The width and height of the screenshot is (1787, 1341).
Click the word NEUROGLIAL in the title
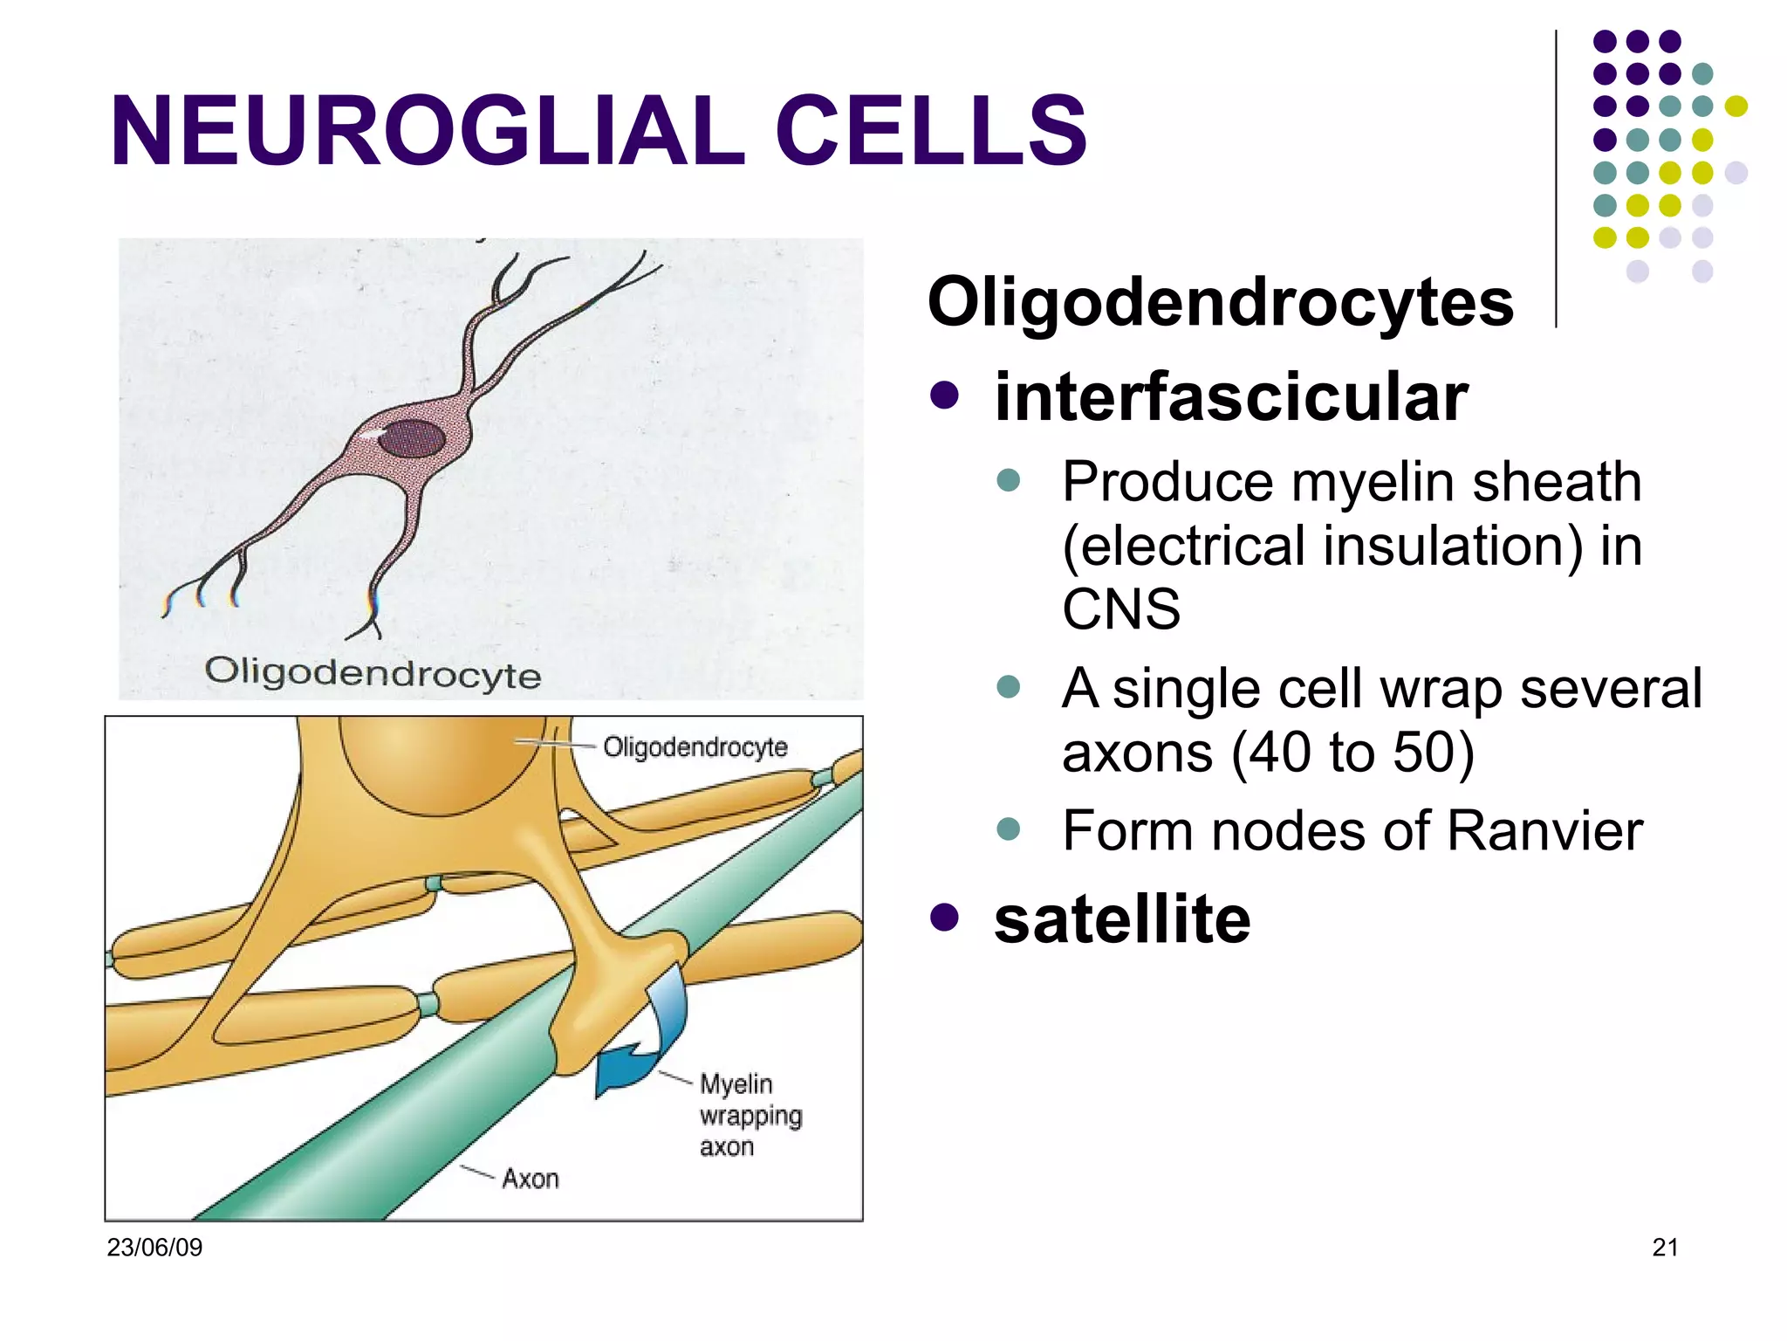(x=428, y=131)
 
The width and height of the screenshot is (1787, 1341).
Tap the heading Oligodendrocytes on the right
(x=1220, y=302)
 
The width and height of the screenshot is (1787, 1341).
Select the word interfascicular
(x=1230, y=397)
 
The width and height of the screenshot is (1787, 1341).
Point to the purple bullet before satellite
(x=944, y=918)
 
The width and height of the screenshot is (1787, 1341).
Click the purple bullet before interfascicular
(x=944, y=395)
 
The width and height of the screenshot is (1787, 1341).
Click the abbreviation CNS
(x=1120, y=609)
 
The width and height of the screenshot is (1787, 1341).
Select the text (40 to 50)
(x=1352, y=753)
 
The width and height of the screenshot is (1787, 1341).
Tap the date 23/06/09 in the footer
(x=154, y=1248)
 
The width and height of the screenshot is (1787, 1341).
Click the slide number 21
(x=1665, y=1248)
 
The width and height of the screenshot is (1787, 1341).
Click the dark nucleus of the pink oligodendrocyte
(x=412, y=438)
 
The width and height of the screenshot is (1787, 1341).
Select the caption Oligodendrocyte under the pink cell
(x=373, y=673)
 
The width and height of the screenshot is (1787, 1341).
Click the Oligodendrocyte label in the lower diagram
(x=695, y=747)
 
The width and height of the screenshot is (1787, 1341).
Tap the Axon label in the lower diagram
(x=530, y=1179)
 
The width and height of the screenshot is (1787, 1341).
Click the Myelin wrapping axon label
(x=749, y=1115)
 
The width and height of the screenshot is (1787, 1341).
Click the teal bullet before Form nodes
(x=1008, y=829)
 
